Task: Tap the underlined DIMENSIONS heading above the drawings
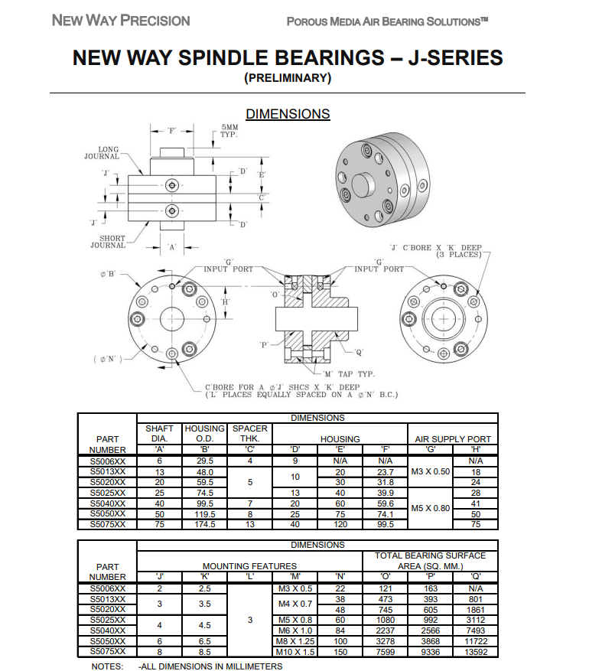(x=288, y=114)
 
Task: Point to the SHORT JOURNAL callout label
(x=108, y=242)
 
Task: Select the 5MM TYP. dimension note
(x=229, y=131)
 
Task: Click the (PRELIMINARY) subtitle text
(x=288, y=78)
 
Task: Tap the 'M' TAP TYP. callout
(x=349, y=374)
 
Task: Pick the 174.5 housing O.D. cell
(x=205, y=524)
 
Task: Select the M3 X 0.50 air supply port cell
(x=431, y=471)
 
